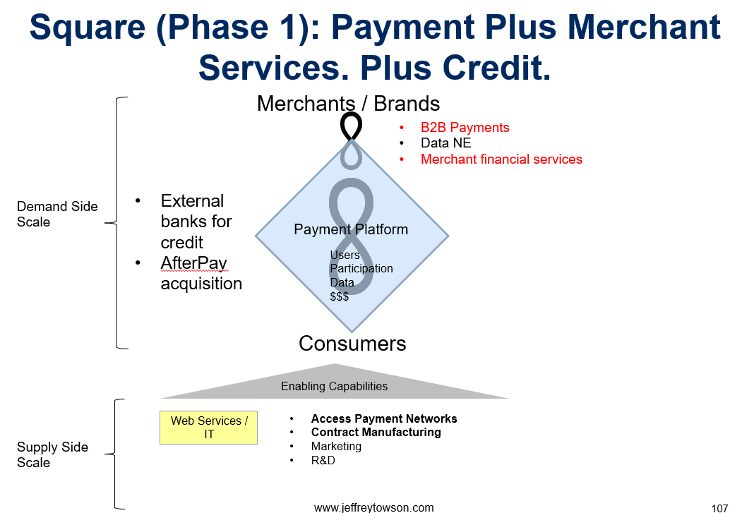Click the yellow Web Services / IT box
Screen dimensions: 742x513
pos(209,428)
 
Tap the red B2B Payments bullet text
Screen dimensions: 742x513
pos(465,128)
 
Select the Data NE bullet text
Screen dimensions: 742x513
pos(445,143)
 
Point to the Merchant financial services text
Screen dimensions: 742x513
pos(501,159)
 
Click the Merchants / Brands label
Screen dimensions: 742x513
pos(348,104)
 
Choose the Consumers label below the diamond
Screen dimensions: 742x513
pos(352,344)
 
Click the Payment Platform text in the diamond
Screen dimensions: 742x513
pos(351,229)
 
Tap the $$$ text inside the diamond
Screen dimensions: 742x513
pos(340,296)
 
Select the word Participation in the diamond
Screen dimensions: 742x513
pos(361,269)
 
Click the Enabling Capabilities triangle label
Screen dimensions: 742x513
pos(334,386)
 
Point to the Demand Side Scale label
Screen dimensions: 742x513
pos(57,215)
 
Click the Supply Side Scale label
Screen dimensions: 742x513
pos(52,454)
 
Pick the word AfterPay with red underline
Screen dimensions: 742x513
pos(194,263)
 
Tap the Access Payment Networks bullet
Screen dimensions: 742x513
pos(384,418)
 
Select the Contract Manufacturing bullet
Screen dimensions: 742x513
pos(376,432)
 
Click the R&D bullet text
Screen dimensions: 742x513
pos(323,460)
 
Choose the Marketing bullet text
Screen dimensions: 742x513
pos(336,447)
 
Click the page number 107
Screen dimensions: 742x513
pos(719,508)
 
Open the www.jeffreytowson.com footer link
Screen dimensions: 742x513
pos(374,507)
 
